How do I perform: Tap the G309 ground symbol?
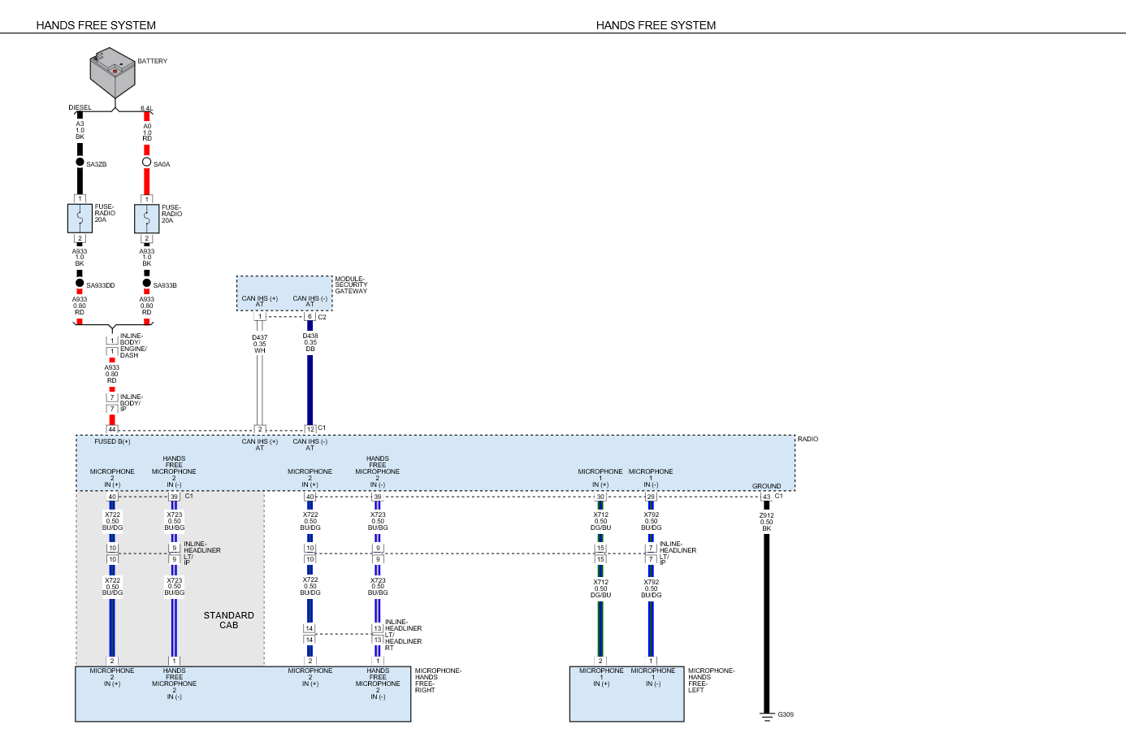(766, 715)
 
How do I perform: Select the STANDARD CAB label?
(228, 620)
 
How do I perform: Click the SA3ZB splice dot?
(80, 163)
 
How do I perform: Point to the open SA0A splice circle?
(146, 162)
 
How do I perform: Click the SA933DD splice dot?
(80, 284)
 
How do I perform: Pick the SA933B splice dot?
(146, 284)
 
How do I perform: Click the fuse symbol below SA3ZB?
(80, 218)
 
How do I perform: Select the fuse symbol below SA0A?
(146, 218)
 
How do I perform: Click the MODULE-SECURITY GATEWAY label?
(351, 285)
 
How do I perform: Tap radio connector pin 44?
(112, 429)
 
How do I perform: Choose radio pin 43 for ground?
(766, 497)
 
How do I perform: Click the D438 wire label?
(310, 342)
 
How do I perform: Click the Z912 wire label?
(766, 522)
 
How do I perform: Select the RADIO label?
(808, 439)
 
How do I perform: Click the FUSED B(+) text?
(112, 441)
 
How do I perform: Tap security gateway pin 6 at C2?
(310, 317)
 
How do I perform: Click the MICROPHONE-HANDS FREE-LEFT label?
(711, 680)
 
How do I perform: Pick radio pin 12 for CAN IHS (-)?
(310, 429)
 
